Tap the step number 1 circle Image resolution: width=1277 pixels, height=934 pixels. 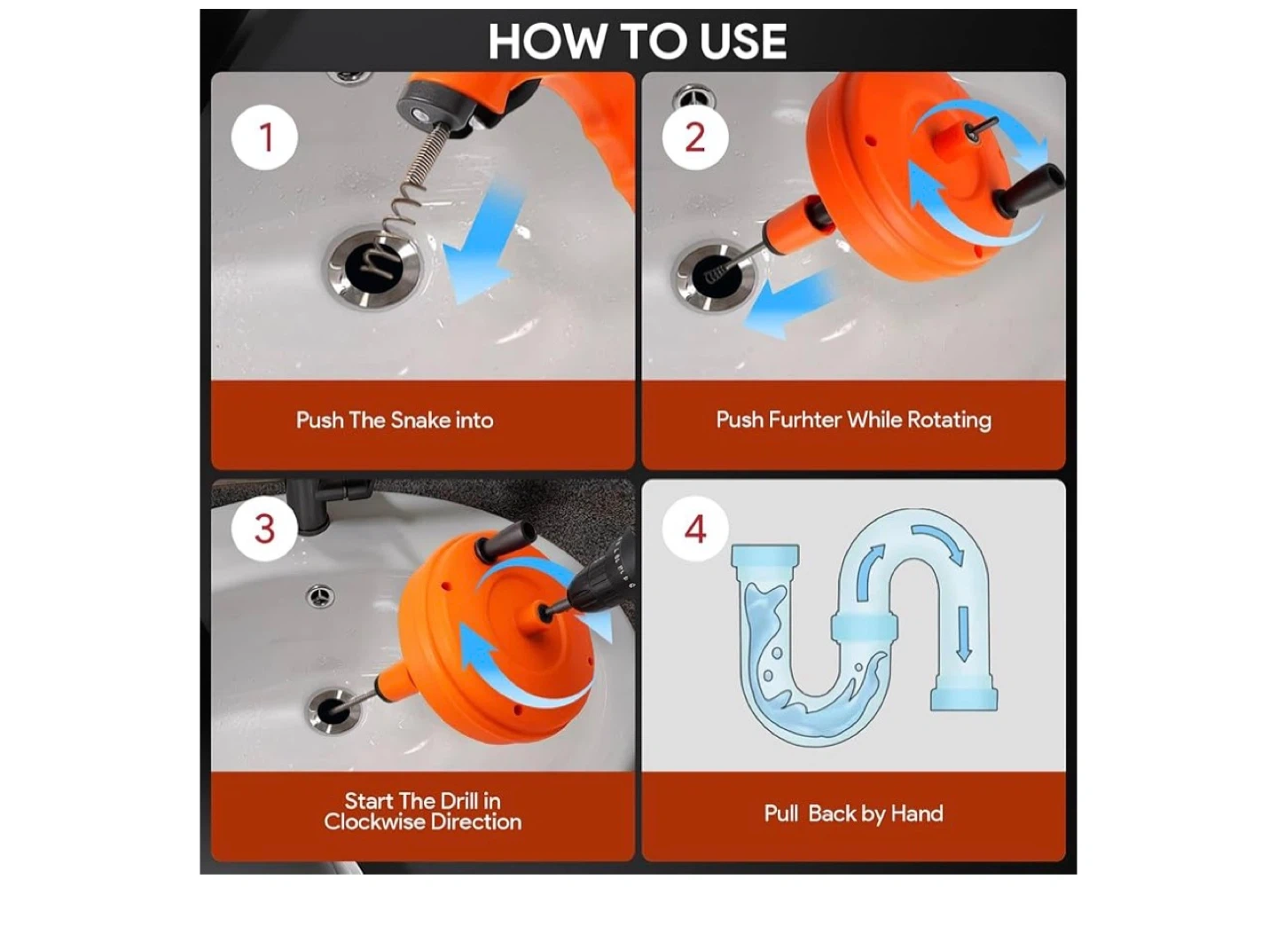pos(264,137)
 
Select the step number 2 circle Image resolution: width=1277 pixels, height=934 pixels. pos(695,137)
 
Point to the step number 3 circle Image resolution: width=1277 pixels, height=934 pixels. pos(264,529)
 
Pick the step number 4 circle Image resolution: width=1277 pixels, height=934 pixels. pos(695,529)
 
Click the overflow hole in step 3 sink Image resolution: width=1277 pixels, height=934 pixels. pos(320,596)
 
